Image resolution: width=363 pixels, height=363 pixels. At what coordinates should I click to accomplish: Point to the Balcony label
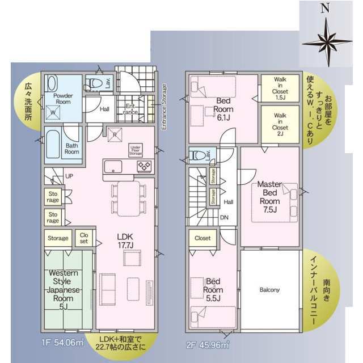pyautogui.click(x=269, y=290)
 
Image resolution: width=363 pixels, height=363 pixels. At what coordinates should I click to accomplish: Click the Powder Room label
pyautogui.click(x=63, y=100)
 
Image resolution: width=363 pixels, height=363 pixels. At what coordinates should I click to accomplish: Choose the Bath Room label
pyautogui.click(x=71, y=148)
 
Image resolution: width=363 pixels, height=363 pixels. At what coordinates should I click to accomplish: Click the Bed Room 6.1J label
pyautogui.click(x=225, y=105)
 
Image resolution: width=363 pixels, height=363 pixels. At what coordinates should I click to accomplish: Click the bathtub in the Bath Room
pyautogui.click(x=53, y=145)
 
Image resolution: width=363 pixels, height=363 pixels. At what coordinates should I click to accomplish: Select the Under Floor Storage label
pyautogui.click(x=136, y=150)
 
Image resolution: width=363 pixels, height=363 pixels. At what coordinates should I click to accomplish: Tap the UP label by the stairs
pyautogui.click(x=69, y=176)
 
